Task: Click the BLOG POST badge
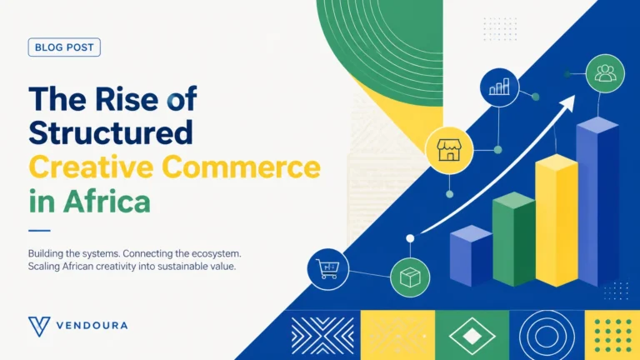pyautogui.click(x=64, y=47)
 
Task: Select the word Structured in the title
pyautogui.click(x=111, y=132)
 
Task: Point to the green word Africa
pyautogui.click(x=107, y=201)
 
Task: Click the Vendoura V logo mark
pyautogui.click(x=39, y=326)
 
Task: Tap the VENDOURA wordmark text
pyautogui.click(x=92, y=326)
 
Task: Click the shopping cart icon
pyautogui.click(x=327, y=269)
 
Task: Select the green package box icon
pyautogui.click(x=410, y=277)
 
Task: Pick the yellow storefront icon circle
pyautogui.click(x=449, y=150)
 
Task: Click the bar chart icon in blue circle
pyautogui.click(x=499, y=87)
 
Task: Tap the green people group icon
pyautogui.click(x=605, y=73)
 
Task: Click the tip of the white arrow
pyautogui.click(x=575, y=96)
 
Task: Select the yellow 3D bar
pyautogui.click(x=557, y=220)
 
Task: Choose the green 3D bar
pyautogui.click(x=513, y=239)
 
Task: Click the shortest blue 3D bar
pyautogui.click(x=471, y=256)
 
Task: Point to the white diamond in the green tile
pyautogui.click(x=472, y=336)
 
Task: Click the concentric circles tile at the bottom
pyautogui.click(x=547, y=335)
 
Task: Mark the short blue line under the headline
pyautogui.click(x=39, y=231)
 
